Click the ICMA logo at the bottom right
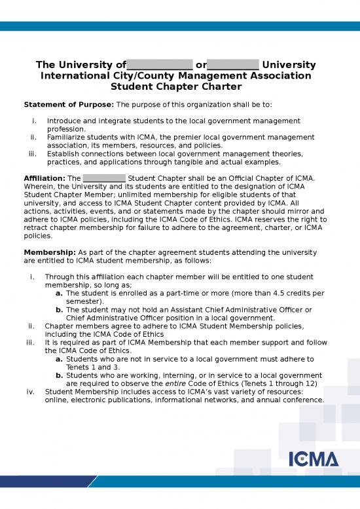(x=314, y=459)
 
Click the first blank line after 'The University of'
(x=159, y=66)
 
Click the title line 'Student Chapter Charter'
(x=176, y=86)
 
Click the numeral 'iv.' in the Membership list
(x=30, y=392)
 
